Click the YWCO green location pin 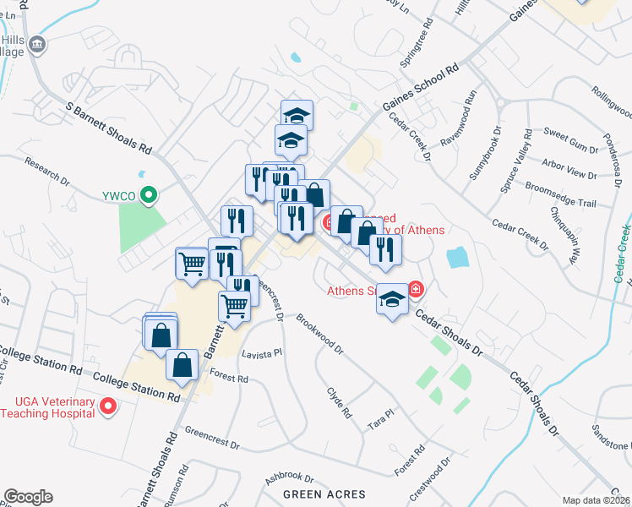[149, 196]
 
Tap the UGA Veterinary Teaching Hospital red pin [107, 407]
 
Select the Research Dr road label [46, 170]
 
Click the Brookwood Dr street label [321, 333]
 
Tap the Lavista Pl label [262, 355]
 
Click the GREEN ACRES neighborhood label [324, 494]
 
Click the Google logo [28, 497]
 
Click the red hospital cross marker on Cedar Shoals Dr [416, 290]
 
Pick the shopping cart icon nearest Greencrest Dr [234, 305]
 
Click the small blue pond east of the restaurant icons [457, 258]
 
